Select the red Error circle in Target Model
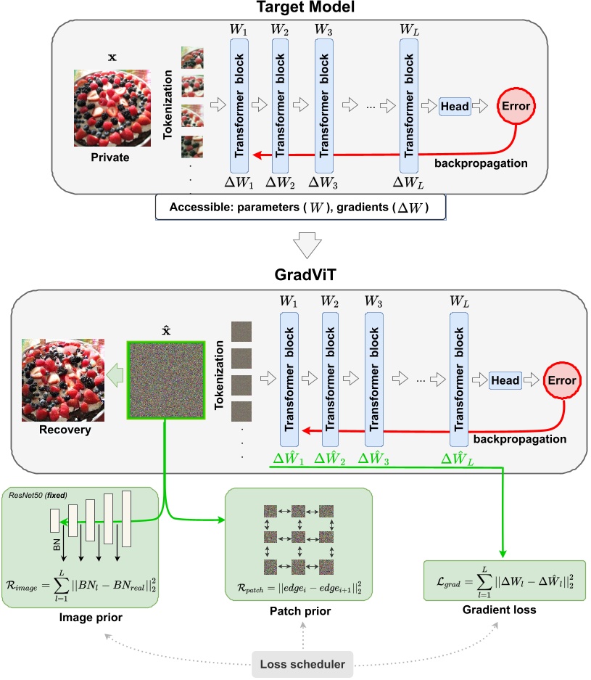pos(516,106)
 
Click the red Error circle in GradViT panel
pos(562,380)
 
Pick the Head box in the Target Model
pos(455,106)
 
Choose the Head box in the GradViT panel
pos(505,380)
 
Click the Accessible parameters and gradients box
pos(299,208)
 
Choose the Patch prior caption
pos(298,611)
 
